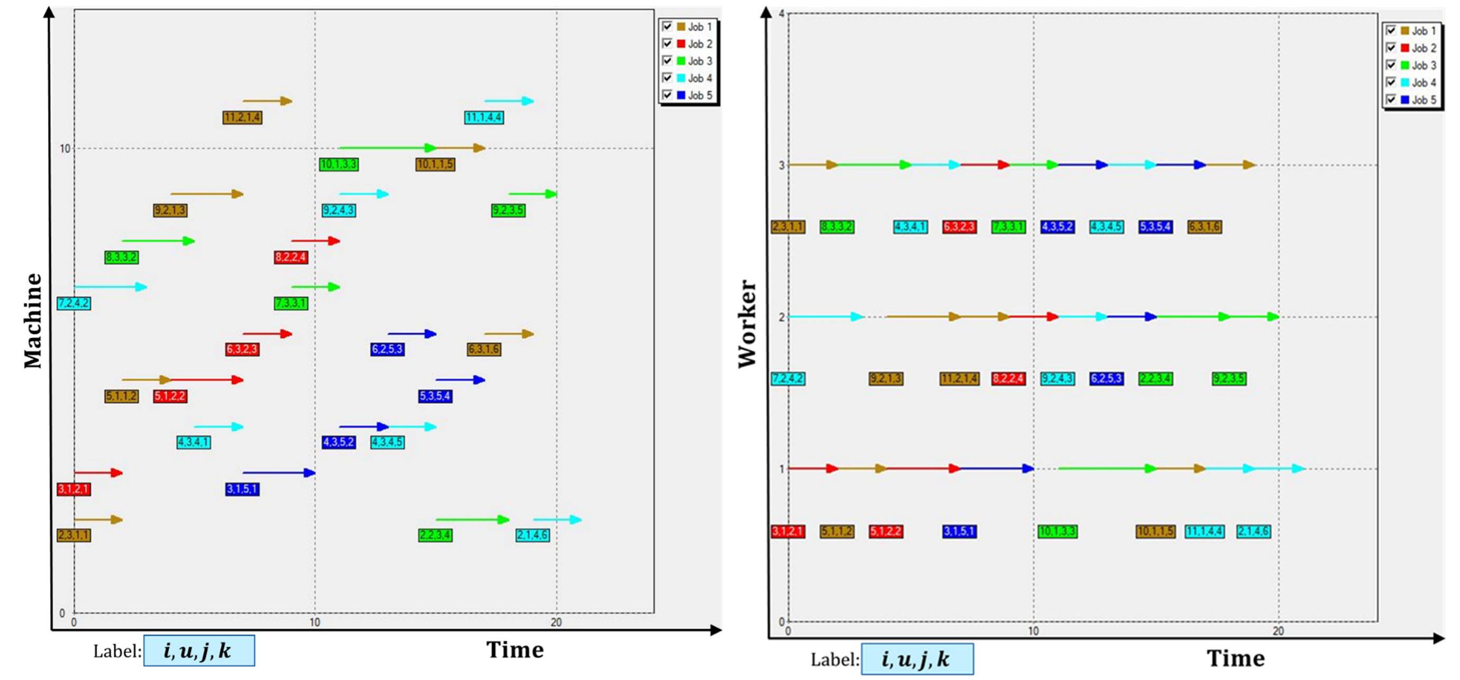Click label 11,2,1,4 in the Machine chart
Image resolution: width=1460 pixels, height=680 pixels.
242,117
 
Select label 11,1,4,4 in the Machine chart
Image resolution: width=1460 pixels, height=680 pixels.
483,117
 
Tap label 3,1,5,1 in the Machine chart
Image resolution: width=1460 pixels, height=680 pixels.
242,489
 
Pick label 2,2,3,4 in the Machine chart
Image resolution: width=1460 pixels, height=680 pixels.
435,535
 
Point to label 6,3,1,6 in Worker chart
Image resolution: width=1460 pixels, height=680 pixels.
1205,227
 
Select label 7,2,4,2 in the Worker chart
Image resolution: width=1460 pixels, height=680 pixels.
788,378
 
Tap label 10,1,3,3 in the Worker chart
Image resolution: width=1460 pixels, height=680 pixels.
1057,531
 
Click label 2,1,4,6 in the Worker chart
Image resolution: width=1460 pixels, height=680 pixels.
1253,531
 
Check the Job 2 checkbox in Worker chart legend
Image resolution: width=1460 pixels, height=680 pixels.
1390,48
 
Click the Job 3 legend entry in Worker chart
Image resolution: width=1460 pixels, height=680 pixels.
1423,65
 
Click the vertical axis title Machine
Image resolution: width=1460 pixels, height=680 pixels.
33,321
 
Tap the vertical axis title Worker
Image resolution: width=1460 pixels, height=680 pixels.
747,324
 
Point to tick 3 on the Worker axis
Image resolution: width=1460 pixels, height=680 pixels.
782,166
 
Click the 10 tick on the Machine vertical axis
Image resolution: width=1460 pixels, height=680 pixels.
65,149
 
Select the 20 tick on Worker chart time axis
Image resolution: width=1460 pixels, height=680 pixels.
1278,631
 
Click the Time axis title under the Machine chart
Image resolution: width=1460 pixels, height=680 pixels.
515,649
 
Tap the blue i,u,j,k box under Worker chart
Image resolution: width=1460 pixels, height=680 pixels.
917,659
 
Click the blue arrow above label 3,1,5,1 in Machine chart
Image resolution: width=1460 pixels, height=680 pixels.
279,473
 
